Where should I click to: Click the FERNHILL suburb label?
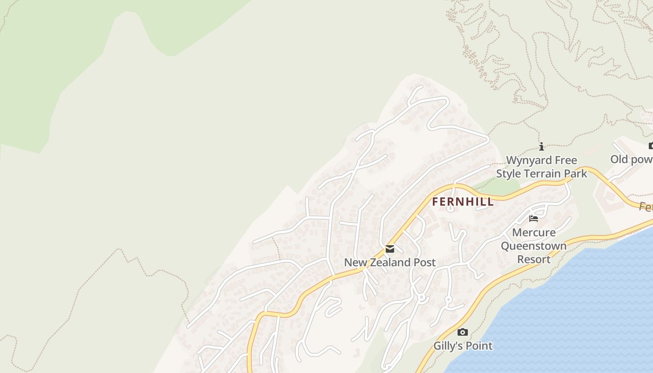point(463,202)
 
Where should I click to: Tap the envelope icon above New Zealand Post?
point(389,249)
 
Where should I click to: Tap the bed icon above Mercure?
point(534,218)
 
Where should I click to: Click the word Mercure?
point(534,232)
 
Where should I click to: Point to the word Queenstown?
point(534,246)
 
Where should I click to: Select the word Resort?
point(534,259)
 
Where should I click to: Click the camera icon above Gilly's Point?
point(462,332)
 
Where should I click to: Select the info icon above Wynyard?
point(541,147)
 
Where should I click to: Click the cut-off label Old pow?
point(631,159)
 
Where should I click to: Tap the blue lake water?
point(583,317)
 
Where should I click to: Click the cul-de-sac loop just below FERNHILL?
point(451,208)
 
